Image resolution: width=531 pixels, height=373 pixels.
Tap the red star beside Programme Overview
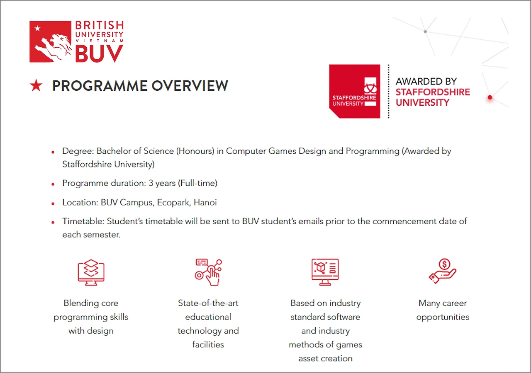point(37,86)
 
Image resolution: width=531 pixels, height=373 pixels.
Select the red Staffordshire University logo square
point(354,91)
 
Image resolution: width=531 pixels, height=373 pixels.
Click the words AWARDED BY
point(426,81)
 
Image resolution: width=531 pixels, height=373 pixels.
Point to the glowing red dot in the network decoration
point(490,97)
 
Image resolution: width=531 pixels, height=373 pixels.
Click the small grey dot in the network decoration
point(425,31)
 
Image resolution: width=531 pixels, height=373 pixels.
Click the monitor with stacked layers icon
point(91,272)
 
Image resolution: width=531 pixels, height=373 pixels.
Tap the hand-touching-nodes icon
point(208,272)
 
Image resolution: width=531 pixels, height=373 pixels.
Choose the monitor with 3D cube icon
point(325,272)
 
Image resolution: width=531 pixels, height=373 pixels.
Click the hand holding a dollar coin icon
point(442,271)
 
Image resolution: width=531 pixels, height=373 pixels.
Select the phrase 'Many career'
point(443,303)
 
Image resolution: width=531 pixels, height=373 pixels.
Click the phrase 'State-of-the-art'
point(208,303)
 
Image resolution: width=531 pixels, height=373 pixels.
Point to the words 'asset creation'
point(325,358)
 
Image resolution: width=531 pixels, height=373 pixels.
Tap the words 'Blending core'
point(91,303)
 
